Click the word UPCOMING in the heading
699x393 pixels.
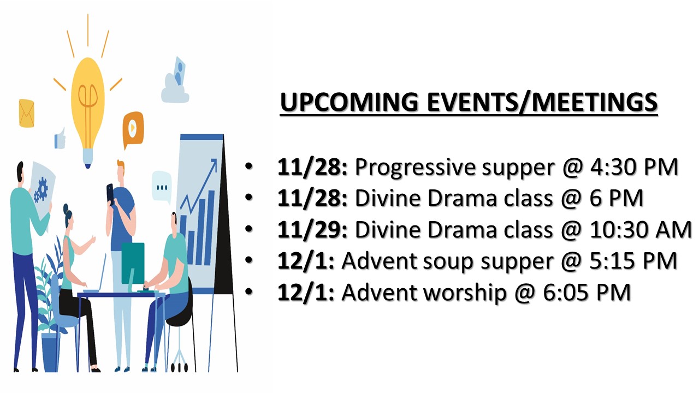(349, 102)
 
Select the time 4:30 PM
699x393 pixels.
(634, 167)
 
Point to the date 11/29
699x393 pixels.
(312, 230)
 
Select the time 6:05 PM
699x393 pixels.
(587, 292)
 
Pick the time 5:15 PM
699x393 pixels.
(633, 261)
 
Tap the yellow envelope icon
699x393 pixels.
(27, 113)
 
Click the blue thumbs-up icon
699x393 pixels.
(60, 138)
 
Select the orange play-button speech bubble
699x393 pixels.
(133, 129)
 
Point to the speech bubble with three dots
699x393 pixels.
(162, 187)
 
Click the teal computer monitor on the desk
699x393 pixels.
(133, 264)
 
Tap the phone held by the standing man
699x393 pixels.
(110, 193)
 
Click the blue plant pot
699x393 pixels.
(51, 353)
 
